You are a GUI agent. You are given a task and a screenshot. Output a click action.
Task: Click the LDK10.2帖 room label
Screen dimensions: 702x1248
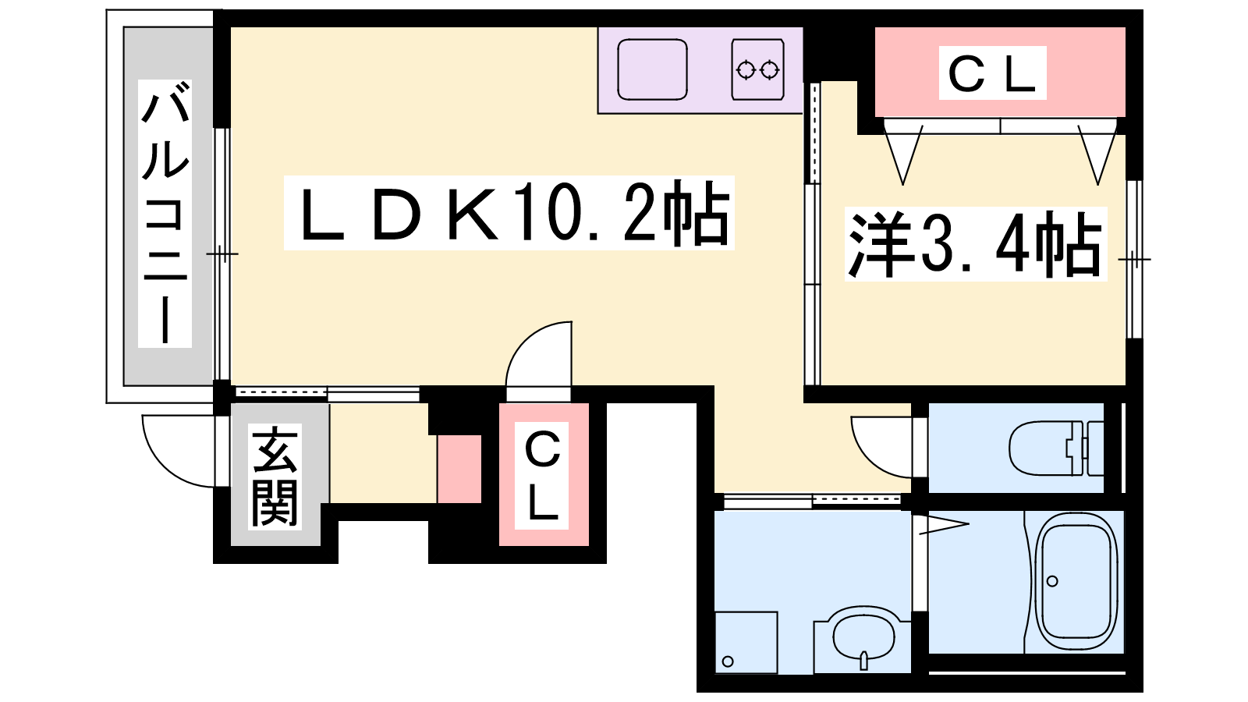pyautogui.click(x=509, y=213)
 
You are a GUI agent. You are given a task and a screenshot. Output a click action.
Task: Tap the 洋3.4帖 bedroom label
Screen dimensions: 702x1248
pyautogui.click(x=975, y=244)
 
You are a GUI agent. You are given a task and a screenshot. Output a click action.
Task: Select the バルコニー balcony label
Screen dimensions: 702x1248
pyautogui.click(x=165, y=213)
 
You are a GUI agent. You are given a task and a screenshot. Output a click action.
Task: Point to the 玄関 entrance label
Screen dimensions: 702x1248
pyautogui.click(x=275, y=476)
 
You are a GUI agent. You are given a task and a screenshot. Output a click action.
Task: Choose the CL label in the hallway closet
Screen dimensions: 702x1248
pyautogui.click(x=543, y=475)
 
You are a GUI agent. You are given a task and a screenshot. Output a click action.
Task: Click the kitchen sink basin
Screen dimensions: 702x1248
pyautogui.click(x=652, y=69)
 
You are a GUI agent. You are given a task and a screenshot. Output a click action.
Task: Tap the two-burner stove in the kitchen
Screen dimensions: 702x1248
pyautogui.click(x=757, y=69)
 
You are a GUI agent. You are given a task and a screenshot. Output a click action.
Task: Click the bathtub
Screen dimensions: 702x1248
pyautogui.click(x=1076, y=581)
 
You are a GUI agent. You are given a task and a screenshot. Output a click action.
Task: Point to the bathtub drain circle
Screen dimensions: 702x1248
pyautogui.click(x=1052, y=581)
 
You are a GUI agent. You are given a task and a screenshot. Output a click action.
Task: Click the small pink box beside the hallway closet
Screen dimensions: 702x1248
pyautogui.click(x=459, y=469)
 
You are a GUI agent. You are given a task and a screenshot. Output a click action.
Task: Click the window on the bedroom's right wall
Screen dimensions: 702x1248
pyautogui.click(x=1135, y=258)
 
